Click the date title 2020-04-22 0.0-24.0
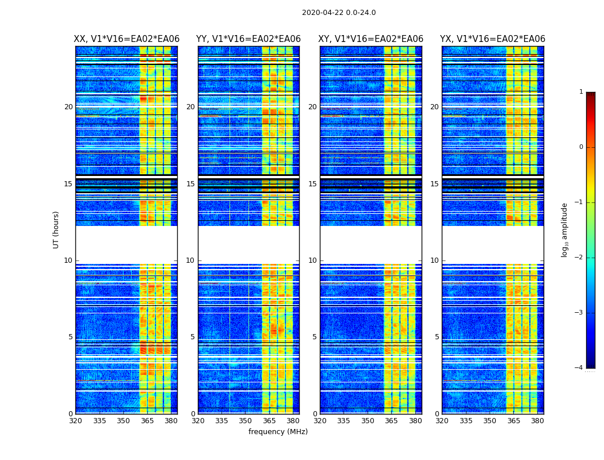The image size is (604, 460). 339,13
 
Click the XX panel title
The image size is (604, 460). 127,39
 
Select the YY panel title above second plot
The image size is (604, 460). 249,39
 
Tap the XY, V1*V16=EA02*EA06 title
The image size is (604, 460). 371,39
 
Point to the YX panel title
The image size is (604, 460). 492,39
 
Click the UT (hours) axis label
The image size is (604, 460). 56,229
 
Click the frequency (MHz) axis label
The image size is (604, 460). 278,432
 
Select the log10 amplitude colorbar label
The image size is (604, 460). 565,229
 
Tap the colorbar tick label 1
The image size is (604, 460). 580,92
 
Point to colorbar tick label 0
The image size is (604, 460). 580,147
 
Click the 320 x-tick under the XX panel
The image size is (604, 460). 75,421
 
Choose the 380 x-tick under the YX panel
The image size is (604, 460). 537,421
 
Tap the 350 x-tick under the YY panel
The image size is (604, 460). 246,421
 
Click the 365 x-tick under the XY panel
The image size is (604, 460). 391,421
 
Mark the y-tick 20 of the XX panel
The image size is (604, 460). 68,107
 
